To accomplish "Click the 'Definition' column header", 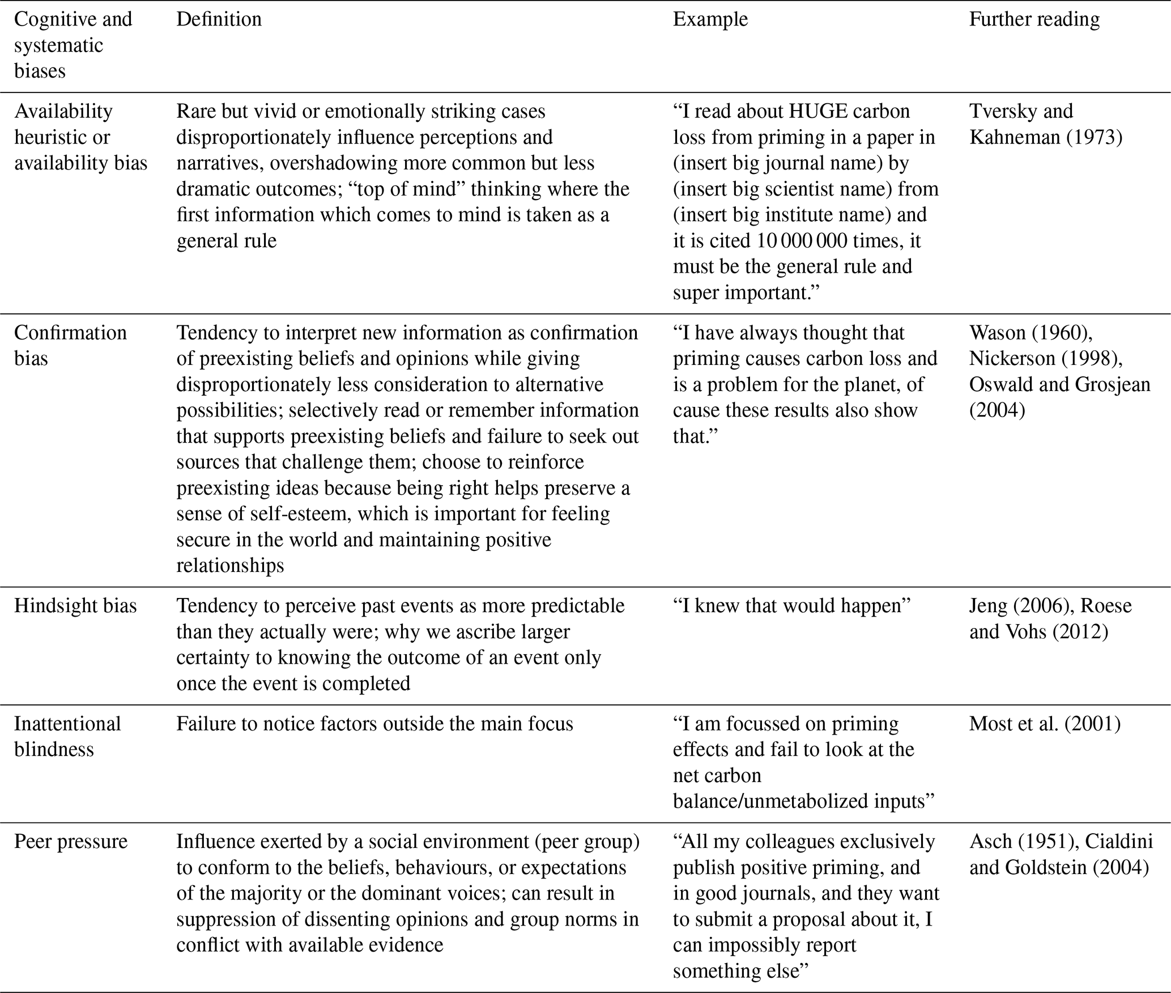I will click(219, 19).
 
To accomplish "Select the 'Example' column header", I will click(710, 19).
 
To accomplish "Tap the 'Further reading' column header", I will click(1034, 19).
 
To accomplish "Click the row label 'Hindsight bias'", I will click(75, 606).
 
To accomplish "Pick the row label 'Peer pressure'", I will click(71, 842).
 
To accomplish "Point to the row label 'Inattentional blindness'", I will click(67, 736).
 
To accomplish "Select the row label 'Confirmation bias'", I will click(70, 345).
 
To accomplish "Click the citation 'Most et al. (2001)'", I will click(1045, 724).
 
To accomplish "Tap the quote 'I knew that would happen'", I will click(791, 606).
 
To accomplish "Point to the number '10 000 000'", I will click(802, 241).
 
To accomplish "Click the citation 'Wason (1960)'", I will click(1031, 333).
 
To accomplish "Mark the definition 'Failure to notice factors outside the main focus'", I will click(374, 724).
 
